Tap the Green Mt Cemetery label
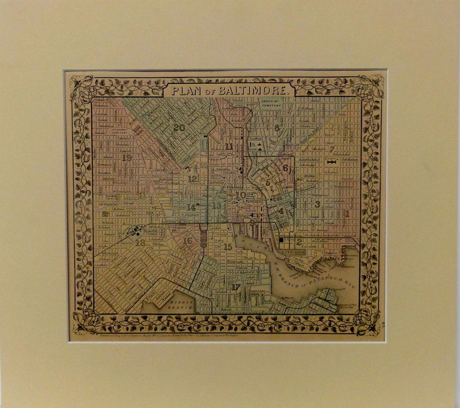tap(270, 103)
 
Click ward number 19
tap(127, 158)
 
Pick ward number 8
tap(276, 128)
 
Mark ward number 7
tap(332, 149)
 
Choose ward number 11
tap(229, 147)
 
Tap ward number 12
tap(192, 179)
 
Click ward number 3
tap(318, 204)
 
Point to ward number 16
tap(188, 240)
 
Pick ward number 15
tap(227, 247)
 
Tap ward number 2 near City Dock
tap(299, 241)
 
